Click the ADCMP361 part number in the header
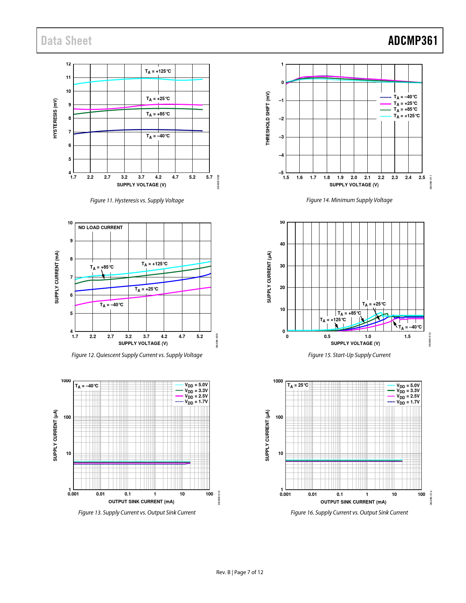[413, 41]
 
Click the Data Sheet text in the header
[66, 41]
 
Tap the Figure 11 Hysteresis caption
[137, 200]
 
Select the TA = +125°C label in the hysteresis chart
[158, 71]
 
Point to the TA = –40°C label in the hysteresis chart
[158, 136]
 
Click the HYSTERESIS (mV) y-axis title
[55, 118]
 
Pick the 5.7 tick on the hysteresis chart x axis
[209, 177]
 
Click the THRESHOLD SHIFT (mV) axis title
[268, 118]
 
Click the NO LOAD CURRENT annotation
[101, 227]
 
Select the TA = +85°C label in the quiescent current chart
[102, 267]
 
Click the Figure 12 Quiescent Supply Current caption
[137, 355]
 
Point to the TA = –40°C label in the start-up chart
[410, 327]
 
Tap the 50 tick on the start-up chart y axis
[282, 222]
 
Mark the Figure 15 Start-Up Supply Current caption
[349, 355]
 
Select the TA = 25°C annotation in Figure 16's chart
[298, 385]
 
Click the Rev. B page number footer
[240, 572]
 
